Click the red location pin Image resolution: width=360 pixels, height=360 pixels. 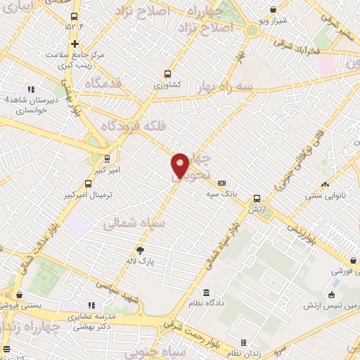[180, 165]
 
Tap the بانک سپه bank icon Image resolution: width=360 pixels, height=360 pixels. [222, 184]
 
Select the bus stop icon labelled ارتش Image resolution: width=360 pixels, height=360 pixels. [257, 198]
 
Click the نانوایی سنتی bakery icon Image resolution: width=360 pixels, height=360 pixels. [325, 184]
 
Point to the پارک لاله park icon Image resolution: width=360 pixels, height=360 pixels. [141, 250]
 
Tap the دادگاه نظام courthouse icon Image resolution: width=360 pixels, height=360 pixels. [206, 292]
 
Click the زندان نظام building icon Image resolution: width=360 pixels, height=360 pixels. [244, 342]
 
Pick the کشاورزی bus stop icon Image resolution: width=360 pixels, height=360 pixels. [167, 73]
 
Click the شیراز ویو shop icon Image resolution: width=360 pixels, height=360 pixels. [274, 10]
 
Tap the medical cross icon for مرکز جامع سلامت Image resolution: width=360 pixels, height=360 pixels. [75, 43]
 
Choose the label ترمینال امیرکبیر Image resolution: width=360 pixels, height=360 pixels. [89, 193]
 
